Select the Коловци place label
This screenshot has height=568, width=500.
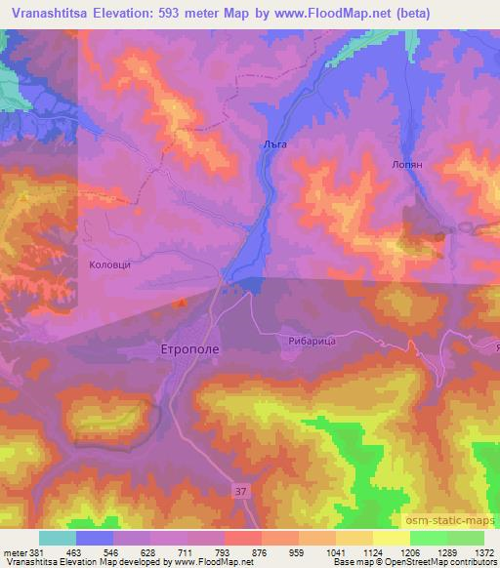pyautogui.click(x=109, y=264)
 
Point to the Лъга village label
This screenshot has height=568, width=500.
pyautogui.click(x=274, y=143)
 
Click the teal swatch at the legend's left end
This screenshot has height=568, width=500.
pyautogui.click(x=58, y=538)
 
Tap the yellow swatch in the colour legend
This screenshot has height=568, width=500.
pyautogui.click(x=392, y=538)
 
